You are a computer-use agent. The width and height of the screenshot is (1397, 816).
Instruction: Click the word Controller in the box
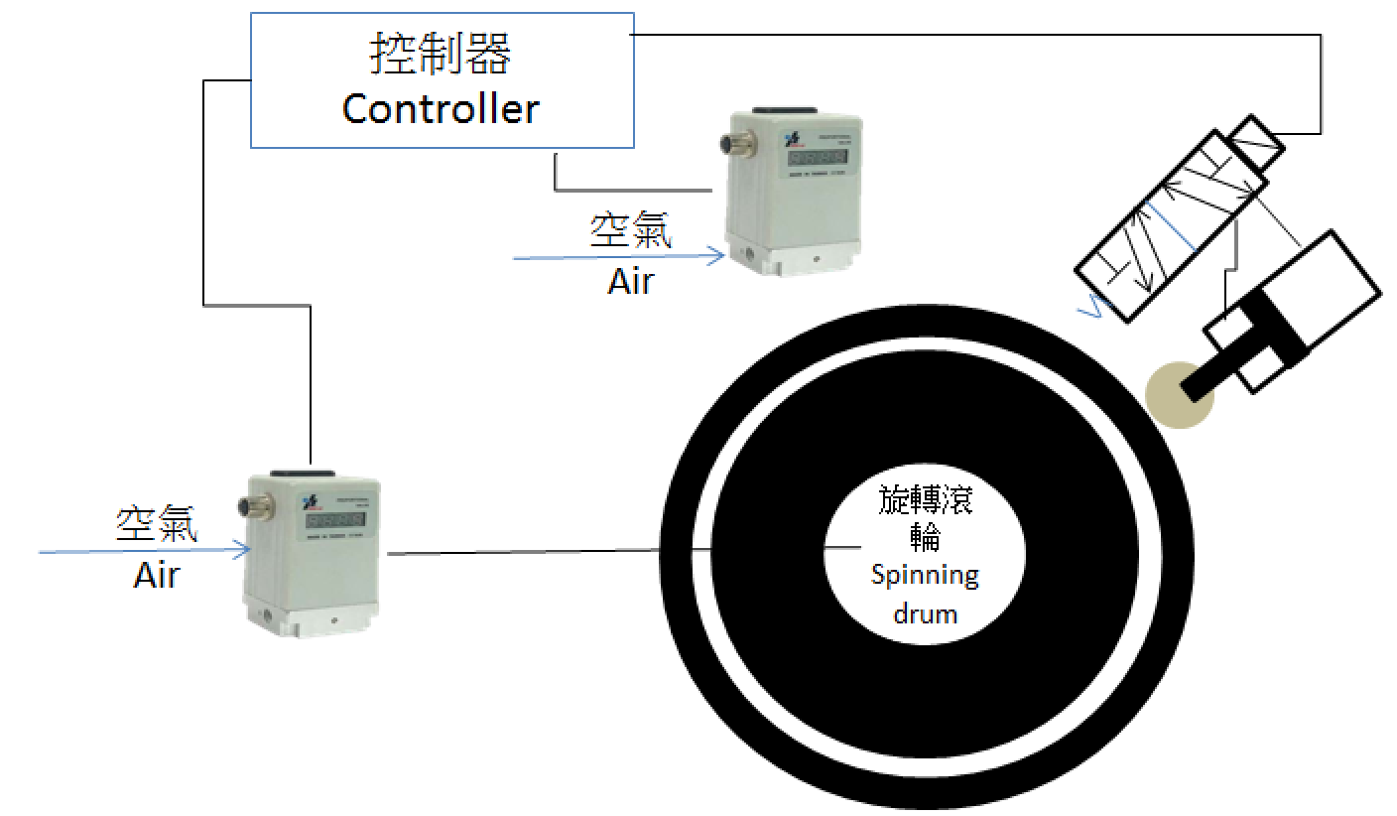(x=441, y=108)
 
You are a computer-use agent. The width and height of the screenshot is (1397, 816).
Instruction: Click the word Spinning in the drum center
(x=925, y=575)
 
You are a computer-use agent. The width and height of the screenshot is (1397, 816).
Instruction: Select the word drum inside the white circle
(x=925, y=612)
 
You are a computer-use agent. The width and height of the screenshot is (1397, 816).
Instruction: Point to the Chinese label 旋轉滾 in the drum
(x=926, y=499)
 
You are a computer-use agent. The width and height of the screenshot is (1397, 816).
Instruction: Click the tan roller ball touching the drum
(x=1177, y=395)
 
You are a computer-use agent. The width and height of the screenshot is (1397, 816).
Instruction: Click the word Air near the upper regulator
(x=631, y=281)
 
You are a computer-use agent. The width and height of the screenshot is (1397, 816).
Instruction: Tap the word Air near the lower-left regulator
(x=157, y=575)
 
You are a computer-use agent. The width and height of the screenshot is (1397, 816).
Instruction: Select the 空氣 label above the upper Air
(x=630, y=231)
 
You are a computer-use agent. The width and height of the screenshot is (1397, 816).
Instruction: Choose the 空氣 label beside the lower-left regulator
(x=157, y=524)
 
